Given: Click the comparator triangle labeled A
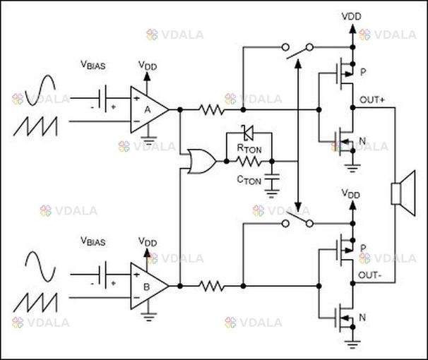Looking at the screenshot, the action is coord(149,109).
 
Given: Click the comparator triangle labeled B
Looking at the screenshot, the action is coord(149,286).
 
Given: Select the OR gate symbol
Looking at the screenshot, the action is coord(202,161).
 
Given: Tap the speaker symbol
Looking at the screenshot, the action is coord(403,193).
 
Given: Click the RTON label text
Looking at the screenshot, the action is coord(249,148).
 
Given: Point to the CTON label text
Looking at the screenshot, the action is coord(249,180).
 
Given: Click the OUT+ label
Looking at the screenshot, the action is coord(372,100).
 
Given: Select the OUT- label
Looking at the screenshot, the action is coord(369,275).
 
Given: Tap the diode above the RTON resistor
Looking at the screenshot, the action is coord(248,133).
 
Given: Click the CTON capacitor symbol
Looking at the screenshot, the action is coord(272,178).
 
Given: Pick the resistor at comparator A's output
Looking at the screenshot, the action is coord(212,109).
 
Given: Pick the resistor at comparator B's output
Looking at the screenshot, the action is coord(212,286).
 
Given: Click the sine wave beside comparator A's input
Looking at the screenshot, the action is coord(40,90).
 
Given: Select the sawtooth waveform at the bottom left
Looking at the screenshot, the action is coord(35,303).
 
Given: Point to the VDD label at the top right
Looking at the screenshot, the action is coord(351,16).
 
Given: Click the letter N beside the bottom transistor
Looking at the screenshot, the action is coord(362,318).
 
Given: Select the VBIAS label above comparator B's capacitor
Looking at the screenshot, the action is coord(93,241).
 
